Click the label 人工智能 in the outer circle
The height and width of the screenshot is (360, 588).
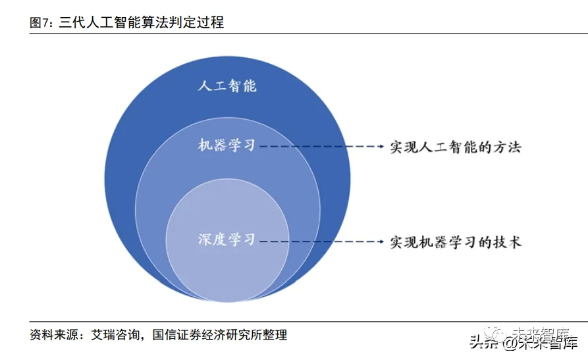227,86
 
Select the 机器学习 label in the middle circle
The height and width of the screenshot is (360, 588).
227,146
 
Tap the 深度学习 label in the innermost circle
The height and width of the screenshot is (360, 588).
227,240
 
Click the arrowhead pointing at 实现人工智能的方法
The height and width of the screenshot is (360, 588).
380,147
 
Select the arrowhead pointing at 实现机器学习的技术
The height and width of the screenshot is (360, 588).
380,242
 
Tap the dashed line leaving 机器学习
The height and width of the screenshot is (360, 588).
316,147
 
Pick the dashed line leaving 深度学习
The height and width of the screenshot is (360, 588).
316,242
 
